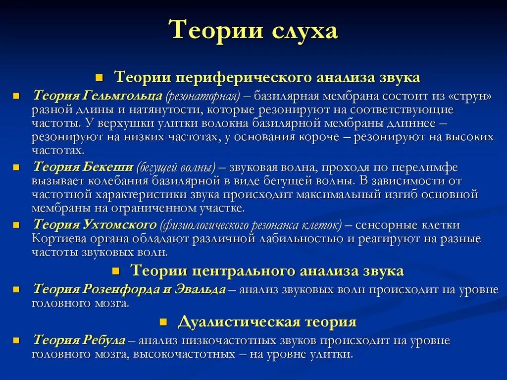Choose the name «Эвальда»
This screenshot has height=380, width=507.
coord(201,289)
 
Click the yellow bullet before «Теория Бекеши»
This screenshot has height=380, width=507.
coord(16,167)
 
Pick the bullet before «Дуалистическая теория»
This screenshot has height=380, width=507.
coord(162,323)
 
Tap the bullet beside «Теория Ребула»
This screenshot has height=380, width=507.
coord(16,340)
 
